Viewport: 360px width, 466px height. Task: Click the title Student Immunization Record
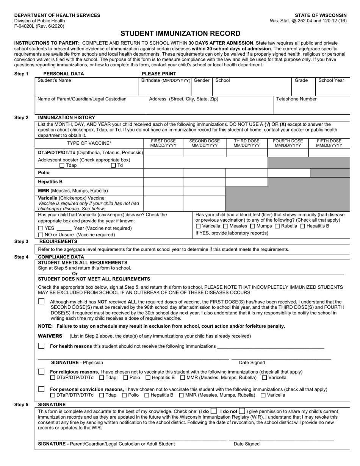coord(180,33)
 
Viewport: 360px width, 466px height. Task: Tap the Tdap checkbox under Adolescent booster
coord(62,165)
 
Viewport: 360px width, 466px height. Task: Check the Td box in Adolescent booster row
coord(113,165)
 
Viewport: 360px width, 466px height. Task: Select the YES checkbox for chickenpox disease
coord(41,228)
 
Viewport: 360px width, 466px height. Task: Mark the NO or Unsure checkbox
coord(41,235)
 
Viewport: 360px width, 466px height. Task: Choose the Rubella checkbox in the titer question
coord(277,226)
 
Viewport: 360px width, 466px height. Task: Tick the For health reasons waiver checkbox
coord(41,346)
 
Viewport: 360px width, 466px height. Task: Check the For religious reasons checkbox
coord(41,371)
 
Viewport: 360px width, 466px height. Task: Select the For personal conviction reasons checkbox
coord(41,389)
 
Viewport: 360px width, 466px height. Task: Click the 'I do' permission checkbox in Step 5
coord(214,411)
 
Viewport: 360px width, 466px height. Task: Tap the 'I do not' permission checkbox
coord(242,411)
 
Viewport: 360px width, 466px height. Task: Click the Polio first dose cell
coord(163,173)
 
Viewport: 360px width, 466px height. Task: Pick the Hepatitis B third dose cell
coord(246,182)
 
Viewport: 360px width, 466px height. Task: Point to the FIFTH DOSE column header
coord(329,143)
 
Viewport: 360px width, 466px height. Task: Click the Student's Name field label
coord(54,80)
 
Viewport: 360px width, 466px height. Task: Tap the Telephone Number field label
coord(296,99)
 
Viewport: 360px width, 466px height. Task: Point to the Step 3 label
coord(21,241)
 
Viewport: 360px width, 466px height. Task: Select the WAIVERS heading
coord(50,336)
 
